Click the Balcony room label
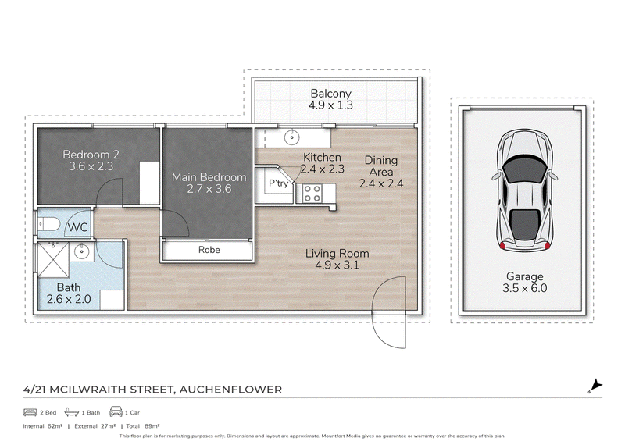(x=330, y=94)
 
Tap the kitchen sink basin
(x=291, y=138)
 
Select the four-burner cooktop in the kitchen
(x=312, y=194)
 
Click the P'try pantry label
(x=278, y=183)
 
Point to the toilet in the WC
(x=48, y=224)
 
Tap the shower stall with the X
(x=53, y=260)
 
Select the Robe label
(x=209, y=250)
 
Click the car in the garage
(x=525, y=190)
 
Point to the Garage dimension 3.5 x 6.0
(x=524, y=288)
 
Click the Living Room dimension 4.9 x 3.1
(x=337, y=265)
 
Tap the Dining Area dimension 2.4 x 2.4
(x=381, y=183)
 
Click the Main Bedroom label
(x=209, y=177)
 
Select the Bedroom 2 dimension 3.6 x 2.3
(x=91, y=166)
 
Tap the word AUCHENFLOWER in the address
(x=230, y=390)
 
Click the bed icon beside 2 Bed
(x=30, y=412)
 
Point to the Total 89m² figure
(x=143, y=426)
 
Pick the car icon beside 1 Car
(x=116, y=411)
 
